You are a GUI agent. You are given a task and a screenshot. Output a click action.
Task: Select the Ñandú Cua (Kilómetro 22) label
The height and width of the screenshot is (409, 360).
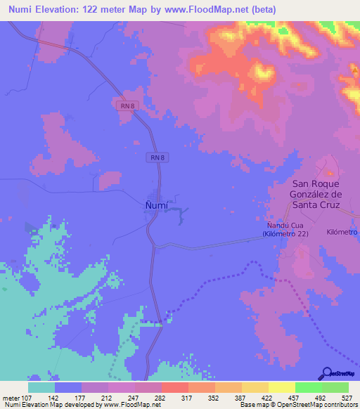click(x=285, y=228)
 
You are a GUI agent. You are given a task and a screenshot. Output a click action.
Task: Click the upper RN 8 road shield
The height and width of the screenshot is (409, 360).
click(x=124, y=104)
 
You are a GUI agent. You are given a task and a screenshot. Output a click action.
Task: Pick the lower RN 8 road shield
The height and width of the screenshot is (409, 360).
click(x=158, y=157)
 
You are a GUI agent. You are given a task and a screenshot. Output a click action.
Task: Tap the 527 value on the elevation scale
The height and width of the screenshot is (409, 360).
click(x=347, y=398)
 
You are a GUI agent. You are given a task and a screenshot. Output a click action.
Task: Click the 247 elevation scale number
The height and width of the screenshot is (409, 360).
click(x=146, y=398)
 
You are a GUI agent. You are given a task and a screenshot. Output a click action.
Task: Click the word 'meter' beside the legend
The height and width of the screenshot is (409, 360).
click(x=13, y=398)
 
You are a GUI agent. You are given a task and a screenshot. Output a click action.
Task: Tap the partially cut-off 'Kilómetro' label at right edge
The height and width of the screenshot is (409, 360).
click(x=342, y=231)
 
